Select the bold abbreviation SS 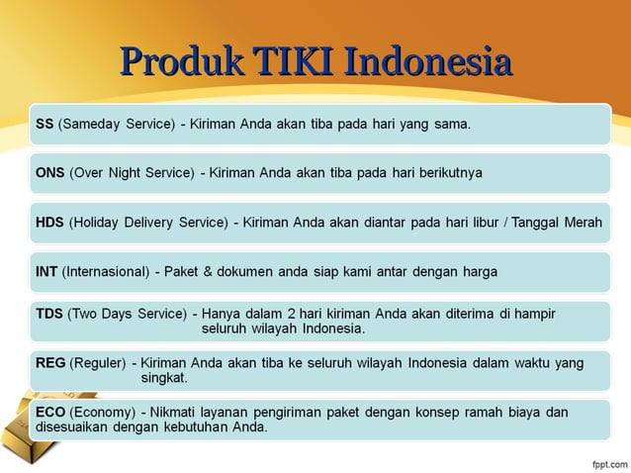45,126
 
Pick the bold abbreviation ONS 50,173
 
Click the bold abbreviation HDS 50,223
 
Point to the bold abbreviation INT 46,271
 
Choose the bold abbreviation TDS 50,314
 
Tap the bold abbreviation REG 51,363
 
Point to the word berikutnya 447,173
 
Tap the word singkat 165,378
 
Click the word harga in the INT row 479,271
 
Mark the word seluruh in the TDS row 225,329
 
